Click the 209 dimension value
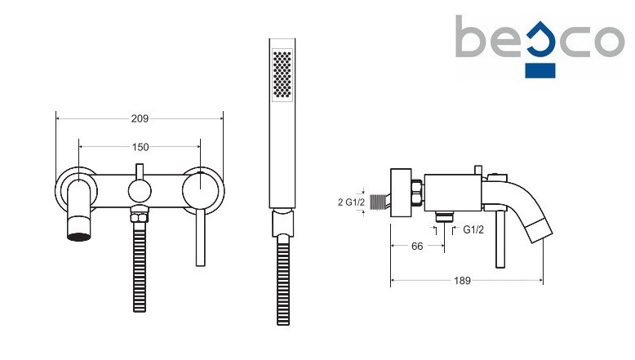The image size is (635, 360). pyautogui.click(x=140, y=118)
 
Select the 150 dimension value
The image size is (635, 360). pyautogui.click(x=140, y=147)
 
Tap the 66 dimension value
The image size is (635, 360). pyautogui.click(x=417, y=247)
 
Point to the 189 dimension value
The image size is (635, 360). pyautogui.click(x=462, y=281)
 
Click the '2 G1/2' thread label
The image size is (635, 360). pyautogui.click(x=352, y=202)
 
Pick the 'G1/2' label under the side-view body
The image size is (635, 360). pyautogui.click(x=473, y=230)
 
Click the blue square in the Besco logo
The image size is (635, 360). pyautogui.click(x=540, y=70)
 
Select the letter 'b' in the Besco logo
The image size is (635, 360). pyautogui.click(x=470, y=37)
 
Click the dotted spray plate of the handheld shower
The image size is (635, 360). pyautogui.click(x=282, y=74)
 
